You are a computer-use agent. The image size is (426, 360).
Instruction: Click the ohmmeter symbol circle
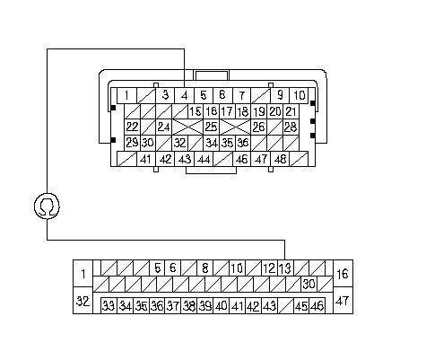tap(47, 206)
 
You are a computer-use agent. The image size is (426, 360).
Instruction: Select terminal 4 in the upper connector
tap(185, 96)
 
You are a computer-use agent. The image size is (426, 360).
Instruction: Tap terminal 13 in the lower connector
tap(285, 268)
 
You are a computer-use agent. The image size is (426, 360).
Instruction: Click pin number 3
tap(165, 96)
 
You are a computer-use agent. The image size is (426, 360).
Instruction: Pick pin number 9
tap(280, 96)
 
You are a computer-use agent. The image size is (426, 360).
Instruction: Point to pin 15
tap(196, 111)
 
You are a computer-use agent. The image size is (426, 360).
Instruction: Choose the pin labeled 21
tap(291, 111)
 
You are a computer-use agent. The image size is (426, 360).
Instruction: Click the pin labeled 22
tap(132, 127)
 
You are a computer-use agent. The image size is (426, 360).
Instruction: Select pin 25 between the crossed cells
tap(212, 127)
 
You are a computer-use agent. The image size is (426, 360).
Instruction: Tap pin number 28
tap(291, 127)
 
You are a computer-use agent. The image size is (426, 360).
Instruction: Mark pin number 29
tap(132, 143)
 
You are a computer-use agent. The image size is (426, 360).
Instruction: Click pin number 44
tap(204, 159)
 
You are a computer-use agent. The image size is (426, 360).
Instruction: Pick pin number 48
tap(280, 159)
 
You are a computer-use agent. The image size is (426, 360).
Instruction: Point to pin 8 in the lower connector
tap(205, 268)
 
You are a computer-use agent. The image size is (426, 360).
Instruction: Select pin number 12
tap(270, 268)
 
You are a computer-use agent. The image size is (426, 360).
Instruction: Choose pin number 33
tap(109, 305)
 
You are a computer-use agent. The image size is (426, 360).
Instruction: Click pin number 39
tap(205, 305)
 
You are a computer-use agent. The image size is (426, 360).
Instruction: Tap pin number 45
tap(301, 305)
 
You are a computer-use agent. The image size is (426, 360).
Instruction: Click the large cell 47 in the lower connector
tap(343, 301)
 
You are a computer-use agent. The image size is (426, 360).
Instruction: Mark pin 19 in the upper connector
tap(259, 111)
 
